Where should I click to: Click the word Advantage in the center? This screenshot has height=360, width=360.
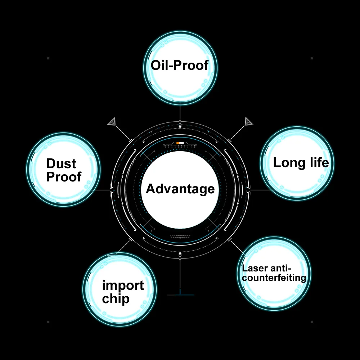click(180, 189)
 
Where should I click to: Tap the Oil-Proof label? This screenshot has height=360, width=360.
click(180, 66)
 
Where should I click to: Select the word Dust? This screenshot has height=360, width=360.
click(61, 164)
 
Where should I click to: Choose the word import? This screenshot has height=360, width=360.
click(123, 285)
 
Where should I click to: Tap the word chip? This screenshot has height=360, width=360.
click(116, 298)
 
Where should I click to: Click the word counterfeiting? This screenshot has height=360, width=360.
click(274, 278)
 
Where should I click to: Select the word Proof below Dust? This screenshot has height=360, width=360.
click(64, 177)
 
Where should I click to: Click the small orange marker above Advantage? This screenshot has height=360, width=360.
click(178, 143)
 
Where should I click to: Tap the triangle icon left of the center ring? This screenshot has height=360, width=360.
click(112, 121)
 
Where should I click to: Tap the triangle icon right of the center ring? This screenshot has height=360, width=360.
click(248, 121)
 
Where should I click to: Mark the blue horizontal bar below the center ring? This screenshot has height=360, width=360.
click(181, 295)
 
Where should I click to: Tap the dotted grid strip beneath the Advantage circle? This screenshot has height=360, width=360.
click(180, 237)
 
